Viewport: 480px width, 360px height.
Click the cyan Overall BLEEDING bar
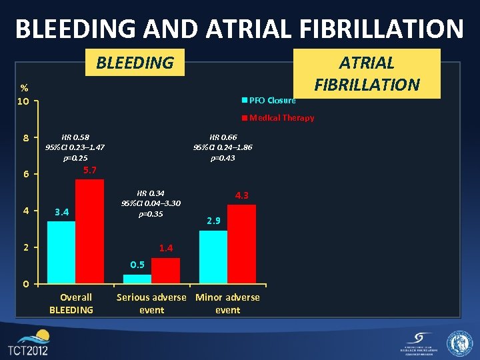point(61,253)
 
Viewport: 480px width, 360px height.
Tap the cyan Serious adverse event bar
point(137,279)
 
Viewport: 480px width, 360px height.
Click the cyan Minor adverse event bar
point(213,257)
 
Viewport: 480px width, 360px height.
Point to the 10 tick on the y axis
point(23,102)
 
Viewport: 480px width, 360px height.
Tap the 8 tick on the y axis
point(25,139)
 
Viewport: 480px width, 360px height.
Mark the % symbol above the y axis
point(23,88)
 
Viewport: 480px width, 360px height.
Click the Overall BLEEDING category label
point(71,303)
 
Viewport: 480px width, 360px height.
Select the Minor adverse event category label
point(227,303)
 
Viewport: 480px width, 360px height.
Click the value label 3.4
point(62,213)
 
